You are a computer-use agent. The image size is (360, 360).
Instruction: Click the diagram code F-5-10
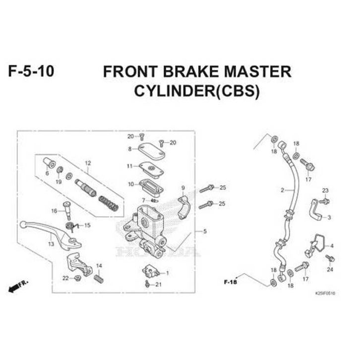(x=31, y=71)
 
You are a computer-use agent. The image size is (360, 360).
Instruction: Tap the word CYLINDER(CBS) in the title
(x=197, y=92)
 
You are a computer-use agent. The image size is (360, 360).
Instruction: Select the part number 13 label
(x=51, y=243)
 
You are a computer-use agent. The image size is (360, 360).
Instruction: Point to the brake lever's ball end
(x=24, y=224)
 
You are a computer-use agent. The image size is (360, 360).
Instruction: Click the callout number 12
(x=88, y=163)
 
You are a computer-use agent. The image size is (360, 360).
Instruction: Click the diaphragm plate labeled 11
(x=150, y=167)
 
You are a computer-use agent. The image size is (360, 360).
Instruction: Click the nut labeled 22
(x=77, y=278)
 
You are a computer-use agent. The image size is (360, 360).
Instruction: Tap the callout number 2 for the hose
(x=283, y=190)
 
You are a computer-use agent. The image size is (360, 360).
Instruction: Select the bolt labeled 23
(x=325, y=200)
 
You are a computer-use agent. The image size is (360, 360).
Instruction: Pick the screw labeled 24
(x=331, y=258)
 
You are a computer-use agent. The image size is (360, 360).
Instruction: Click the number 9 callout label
(x=182, y=187)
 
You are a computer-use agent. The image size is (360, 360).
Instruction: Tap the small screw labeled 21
(x=148, y=284)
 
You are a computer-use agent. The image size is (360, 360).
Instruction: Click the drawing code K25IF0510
(x=325, y=293)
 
